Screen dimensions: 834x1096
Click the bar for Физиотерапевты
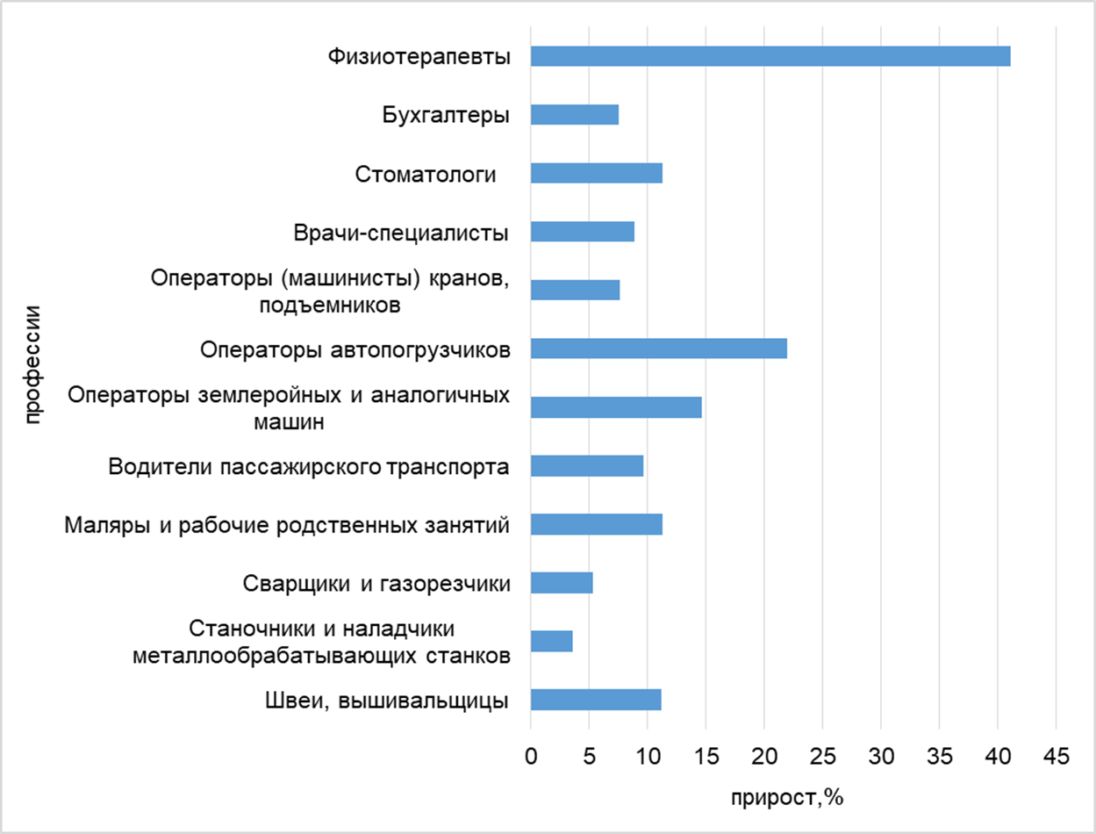click(x=770, y=56)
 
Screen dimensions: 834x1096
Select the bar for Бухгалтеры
click(x=574, y=115)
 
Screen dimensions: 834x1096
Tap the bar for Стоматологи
click(x=596, y=174)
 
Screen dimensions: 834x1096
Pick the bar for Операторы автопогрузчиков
click(x=658, y=349)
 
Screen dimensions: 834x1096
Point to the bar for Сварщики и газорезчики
click(x=562, y=583)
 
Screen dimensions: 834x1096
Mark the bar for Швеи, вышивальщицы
click(x=595, y=700)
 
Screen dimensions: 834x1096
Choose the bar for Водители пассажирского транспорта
click(x=586, y=466)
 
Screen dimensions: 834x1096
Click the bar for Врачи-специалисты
click(x=582, y=232)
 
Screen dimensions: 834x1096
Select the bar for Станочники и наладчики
click(x=551, y=641)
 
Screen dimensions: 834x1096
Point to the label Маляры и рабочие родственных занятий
click(x=288, y=525)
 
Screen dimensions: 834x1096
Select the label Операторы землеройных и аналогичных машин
click(x=289, y=407)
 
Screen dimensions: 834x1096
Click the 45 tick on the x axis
click(x=1056, y=755)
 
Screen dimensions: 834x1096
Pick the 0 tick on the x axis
click(x=531, y=755)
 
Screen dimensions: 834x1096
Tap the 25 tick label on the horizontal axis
click(x=822, y=755)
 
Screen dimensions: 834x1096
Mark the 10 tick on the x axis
click(x=648, y=755)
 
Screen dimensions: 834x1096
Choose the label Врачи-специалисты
click(x=401, y=233)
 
